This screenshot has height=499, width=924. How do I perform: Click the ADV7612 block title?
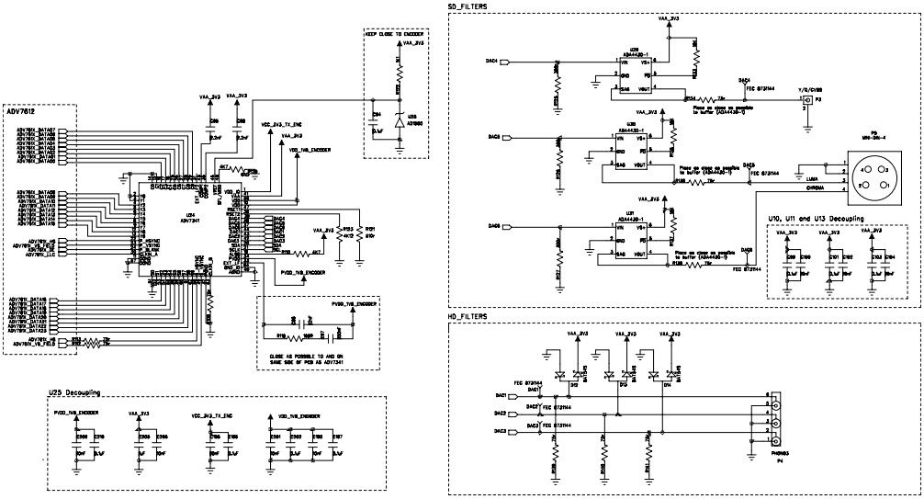22,112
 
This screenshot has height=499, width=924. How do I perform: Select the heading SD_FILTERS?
467,6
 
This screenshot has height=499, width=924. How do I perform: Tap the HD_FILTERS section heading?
467,315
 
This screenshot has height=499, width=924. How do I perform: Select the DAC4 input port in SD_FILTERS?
492,62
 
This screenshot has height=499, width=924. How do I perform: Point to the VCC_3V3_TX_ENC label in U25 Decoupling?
212,415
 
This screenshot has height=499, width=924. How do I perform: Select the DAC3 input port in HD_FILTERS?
501,429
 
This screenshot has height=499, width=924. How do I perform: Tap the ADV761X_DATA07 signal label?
38,130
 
